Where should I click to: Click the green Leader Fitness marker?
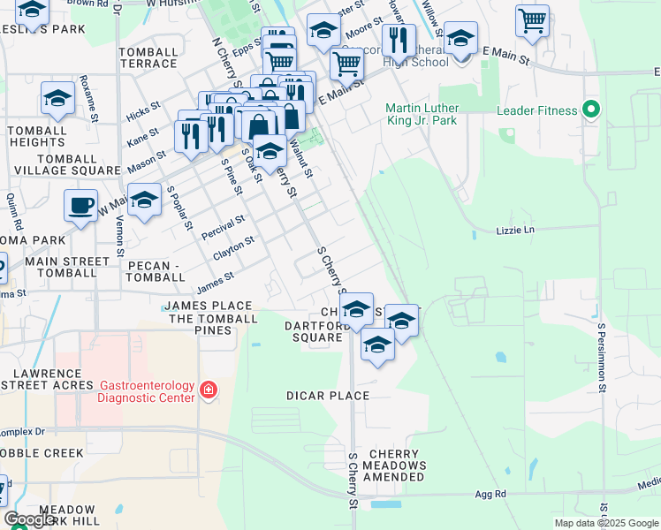coord(592,110)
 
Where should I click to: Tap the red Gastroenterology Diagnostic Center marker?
coord(209,390)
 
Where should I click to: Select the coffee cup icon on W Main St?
coord(81,206)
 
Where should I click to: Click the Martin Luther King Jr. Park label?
coord(422,115)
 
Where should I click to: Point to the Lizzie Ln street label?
coord(516,231)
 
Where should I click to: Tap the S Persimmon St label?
coord(601,357)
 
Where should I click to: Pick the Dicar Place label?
coord(328,396)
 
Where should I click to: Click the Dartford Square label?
coord(314,331)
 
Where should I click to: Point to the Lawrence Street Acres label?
coord(49,380)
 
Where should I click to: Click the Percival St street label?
coord(222,226)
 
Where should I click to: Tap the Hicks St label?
coord(142,110)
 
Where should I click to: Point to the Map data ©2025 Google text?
coord(606,523)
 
